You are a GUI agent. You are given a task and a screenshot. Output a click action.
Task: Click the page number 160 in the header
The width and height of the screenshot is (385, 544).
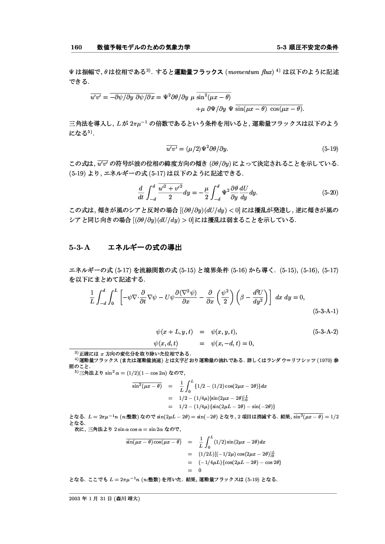(76, 47)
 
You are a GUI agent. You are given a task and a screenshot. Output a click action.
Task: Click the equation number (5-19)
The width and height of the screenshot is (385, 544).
(330, 149)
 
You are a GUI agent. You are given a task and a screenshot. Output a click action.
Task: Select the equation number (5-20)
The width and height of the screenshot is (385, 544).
(330, 192)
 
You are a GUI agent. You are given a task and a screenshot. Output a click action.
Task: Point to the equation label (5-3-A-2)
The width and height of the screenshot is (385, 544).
(325, 332)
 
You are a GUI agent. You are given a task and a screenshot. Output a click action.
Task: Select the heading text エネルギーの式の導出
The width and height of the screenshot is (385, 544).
(144, 248)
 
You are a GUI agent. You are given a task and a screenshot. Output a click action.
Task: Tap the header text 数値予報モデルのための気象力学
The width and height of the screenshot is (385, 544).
(143, 47)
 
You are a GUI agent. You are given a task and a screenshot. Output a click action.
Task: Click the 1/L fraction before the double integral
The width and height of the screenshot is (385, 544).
(92, 297)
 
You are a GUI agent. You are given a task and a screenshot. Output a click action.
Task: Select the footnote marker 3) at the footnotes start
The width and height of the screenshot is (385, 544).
(70, 354)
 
